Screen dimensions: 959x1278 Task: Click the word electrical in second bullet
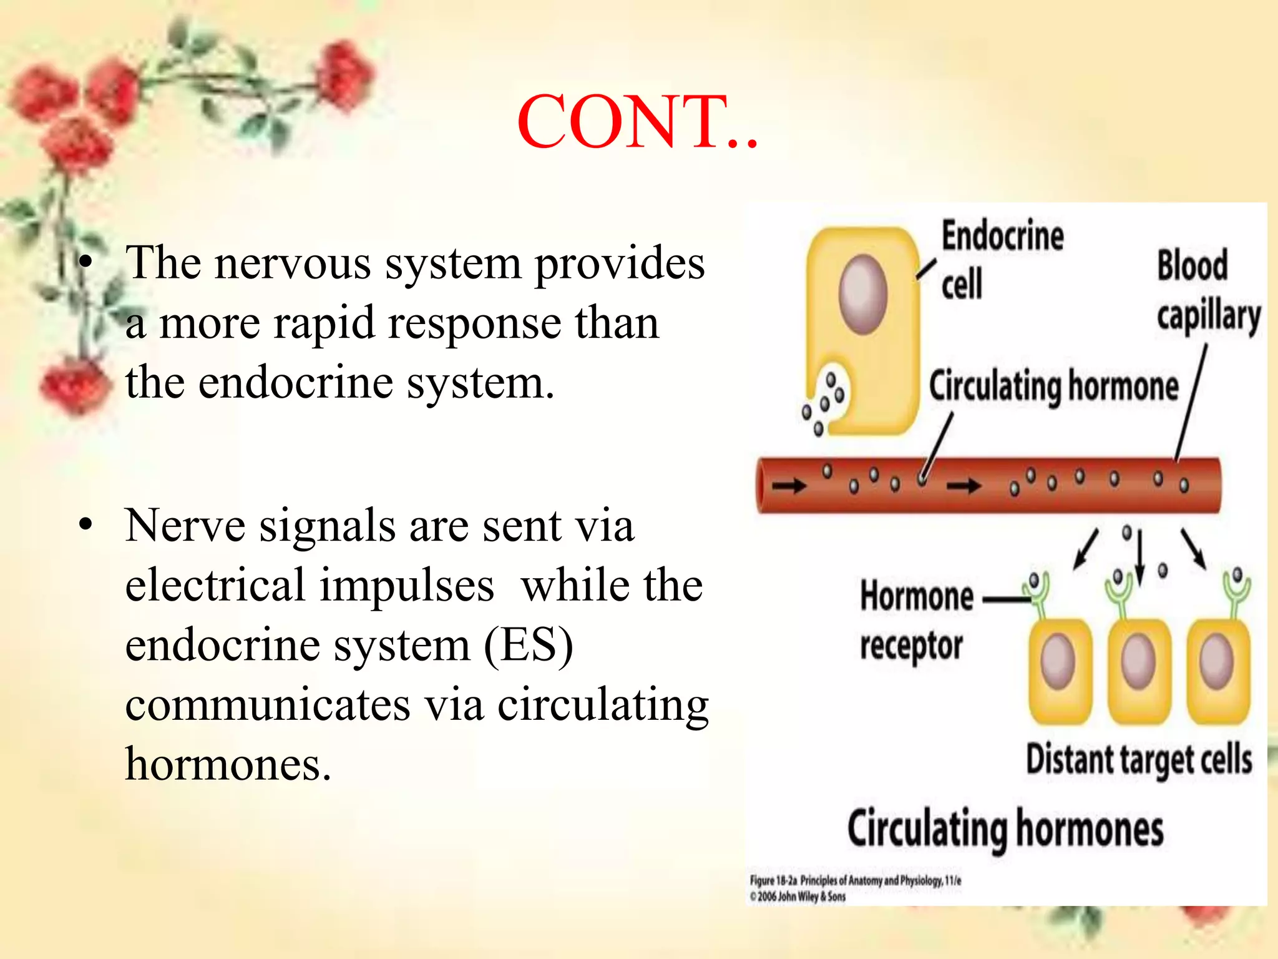click(215, 586)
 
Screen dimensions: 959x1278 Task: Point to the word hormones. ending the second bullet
click(228, 764)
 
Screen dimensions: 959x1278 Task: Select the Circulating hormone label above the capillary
click(1053, 386)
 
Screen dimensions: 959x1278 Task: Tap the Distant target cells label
click(1139, 760)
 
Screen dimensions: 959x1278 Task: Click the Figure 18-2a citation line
click(855, 881)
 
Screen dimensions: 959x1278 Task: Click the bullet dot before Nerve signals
click(85, 525)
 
